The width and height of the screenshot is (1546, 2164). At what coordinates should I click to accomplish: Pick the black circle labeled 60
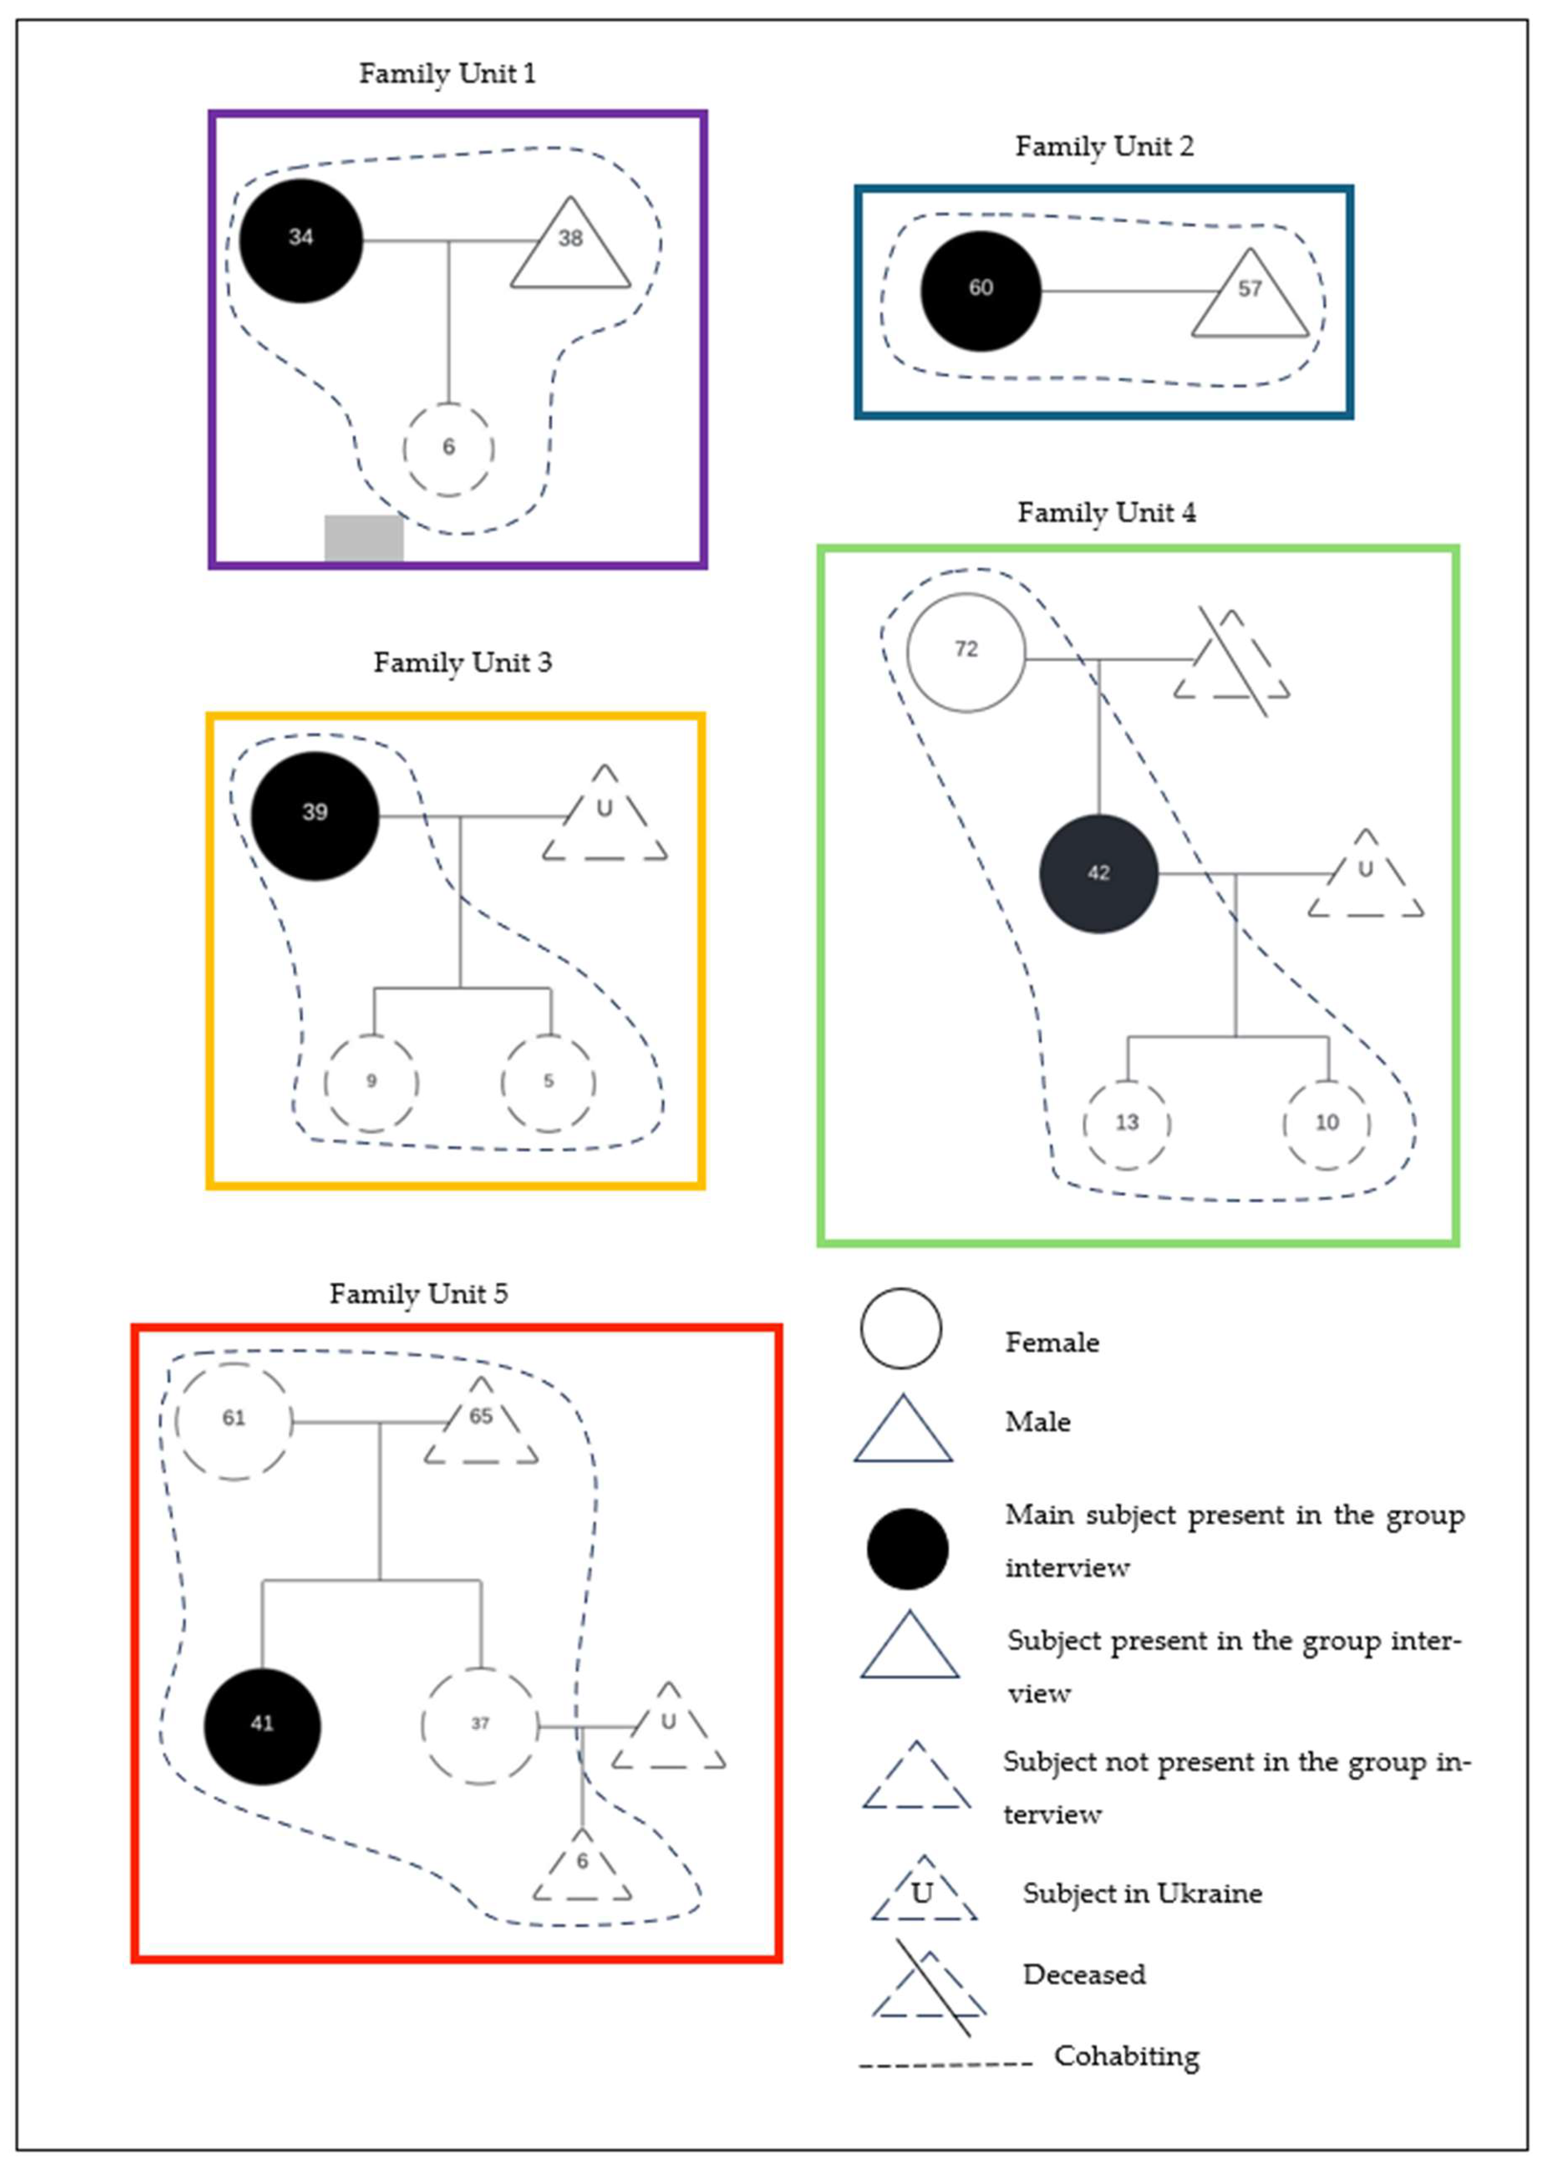[981, 290]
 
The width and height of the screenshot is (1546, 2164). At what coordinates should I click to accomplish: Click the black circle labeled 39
[315, 815]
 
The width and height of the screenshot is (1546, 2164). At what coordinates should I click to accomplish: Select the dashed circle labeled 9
[371, 1082]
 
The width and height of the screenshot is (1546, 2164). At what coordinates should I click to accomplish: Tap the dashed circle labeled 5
[548, 1082]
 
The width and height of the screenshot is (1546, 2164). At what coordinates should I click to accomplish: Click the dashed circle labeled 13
[1127, 1124]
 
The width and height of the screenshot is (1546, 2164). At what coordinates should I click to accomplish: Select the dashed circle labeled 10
[1327, 1124]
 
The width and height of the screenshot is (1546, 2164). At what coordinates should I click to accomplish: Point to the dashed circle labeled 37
[480, 1726]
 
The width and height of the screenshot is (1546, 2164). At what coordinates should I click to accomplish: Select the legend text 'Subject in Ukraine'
[1143, 1894]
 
